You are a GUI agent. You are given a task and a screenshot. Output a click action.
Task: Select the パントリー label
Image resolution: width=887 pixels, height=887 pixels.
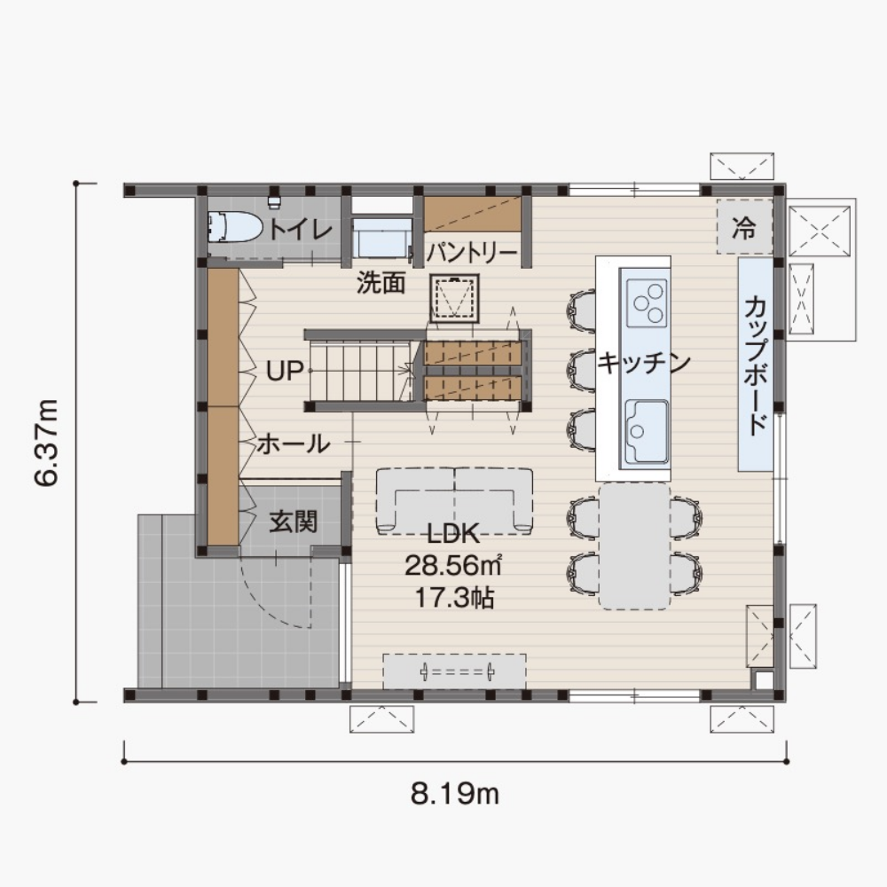click(x=472, y=253)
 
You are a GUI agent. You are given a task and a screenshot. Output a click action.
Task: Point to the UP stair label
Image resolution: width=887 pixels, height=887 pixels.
click(x=285, y=371)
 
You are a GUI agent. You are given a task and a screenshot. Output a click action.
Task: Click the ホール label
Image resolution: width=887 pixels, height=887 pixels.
click(x=294, y=443)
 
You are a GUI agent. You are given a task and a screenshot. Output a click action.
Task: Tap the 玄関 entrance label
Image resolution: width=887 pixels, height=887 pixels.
click(x=293, y=522)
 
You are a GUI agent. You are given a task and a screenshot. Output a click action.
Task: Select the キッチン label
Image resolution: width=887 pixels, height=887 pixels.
click(x=644, y=362)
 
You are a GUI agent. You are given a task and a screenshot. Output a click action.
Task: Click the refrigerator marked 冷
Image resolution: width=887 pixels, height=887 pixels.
click(x=744, y=227)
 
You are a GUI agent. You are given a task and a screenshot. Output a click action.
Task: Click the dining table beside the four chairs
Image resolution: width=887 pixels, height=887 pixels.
click(x=635, y=546)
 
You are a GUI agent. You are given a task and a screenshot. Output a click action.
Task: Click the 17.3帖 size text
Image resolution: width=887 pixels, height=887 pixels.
click(x=455, y=597)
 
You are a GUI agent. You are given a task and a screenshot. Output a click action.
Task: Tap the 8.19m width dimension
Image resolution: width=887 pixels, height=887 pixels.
click(x=455, y=794)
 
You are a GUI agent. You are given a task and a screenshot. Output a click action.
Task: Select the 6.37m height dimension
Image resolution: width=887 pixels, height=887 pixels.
click(x=46, y=443)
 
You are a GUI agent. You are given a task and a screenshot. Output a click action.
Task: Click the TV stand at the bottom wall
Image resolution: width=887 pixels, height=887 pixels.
click(x=455, y=671)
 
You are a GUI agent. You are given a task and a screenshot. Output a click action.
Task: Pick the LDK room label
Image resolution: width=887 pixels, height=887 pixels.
click(x=453, y=534)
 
